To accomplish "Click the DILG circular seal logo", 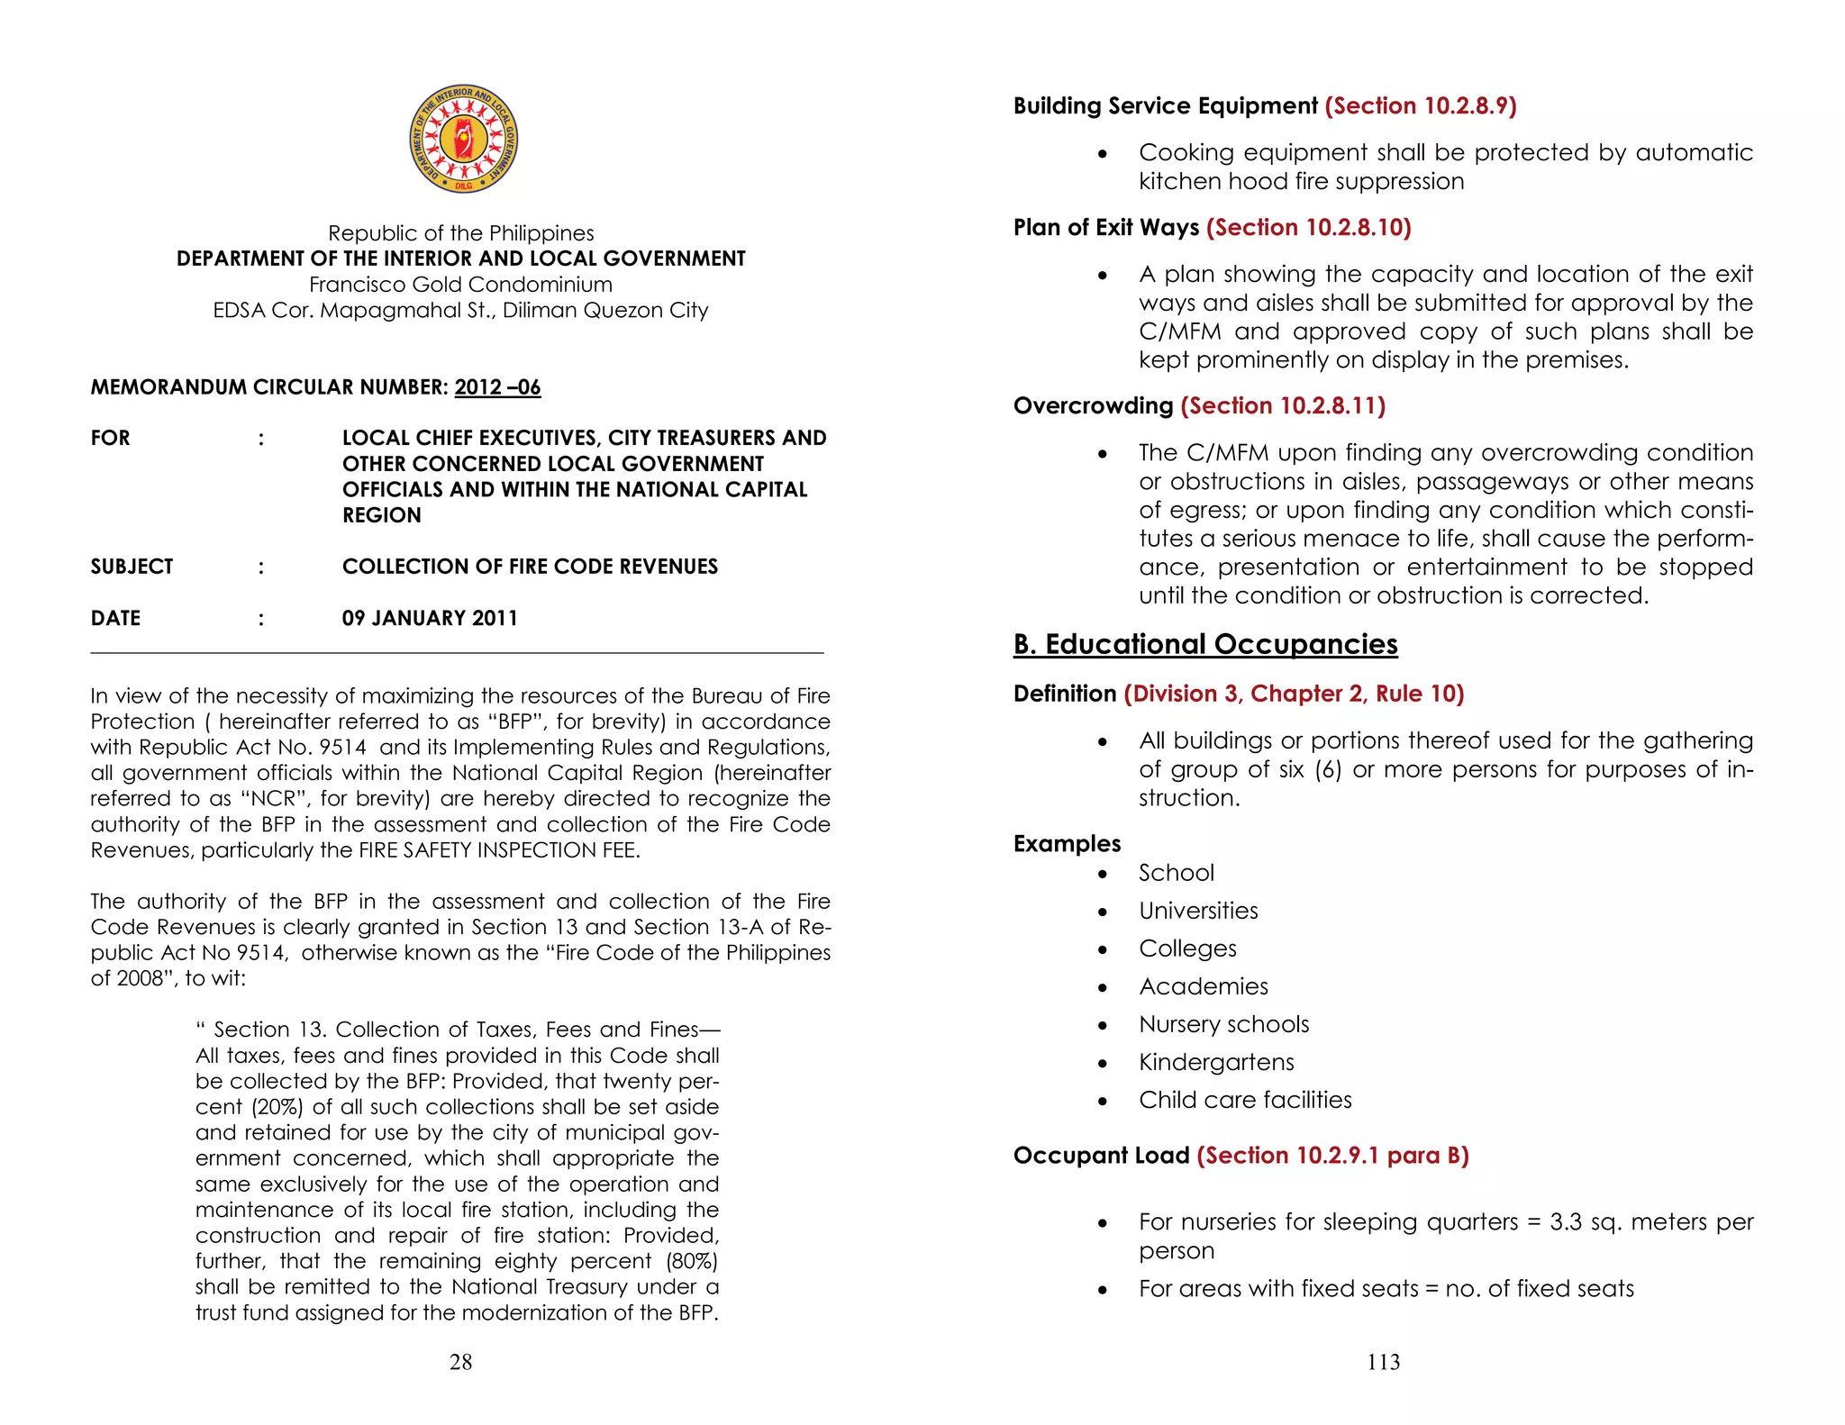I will (x=463, y=140).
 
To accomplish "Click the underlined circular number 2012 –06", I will (x=497, y=387).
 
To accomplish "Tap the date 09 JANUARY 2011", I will (x=430, y=618).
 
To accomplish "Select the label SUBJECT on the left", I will (x=132, y=567).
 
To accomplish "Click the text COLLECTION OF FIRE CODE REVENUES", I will (x=530, y=567).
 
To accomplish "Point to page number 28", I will (x=460, y=1362).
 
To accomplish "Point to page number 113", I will (x=1383, y=1362).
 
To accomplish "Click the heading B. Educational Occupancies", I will (x=1205, y=644).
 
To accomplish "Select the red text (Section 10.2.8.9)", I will (x=1421, y=106).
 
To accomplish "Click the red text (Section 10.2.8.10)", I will (x=1308, y=227).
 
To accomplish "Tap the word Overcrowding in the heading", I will (x=1093, y=405).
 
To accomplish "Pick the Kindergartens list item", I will (x=1216, y=1062).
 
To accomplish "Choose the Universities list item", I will (x=1198, y=911).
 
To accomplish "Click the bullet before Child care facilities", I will (x=1103, y=1101).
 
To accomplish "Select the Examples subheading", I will (x=1067, y=843).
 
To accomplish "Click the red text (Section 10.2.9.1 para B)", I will (x=1332, y=1156).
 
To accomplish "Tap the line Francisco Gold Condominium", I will (x=460, y=285).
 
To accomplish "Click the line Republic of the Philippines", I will (x=460, y=233).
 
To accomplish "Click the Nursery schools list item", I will (x=1223, y=1024).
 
